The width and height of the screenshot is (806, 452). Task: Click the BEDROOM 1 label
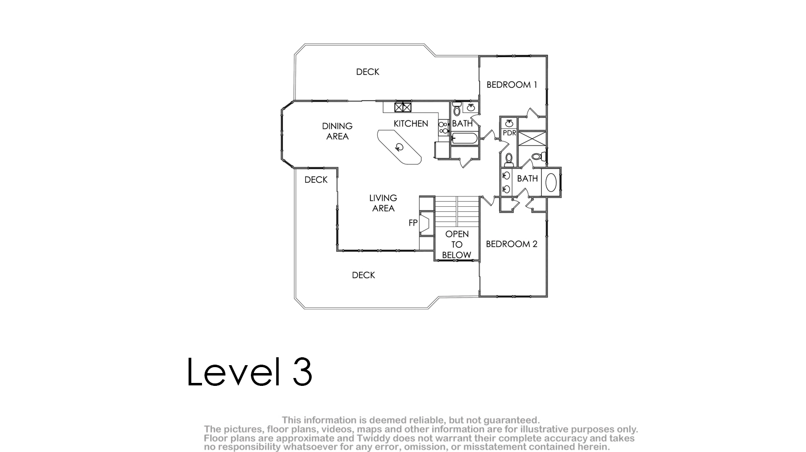512,85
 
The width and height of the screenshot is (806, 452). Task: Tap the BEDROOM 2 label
511,244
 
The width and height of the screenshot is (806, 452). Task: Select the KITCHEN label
410,124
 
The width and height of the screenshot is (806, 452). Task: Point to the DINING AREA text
337,131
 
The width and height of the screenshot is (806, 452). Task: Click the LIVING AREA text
383,203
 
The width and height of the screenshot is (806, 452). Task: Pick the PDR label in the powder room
509,133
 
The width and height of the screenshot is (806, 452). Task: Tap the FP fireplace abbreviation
413,223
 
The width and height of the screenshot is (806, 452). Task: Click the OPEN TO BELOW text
457,245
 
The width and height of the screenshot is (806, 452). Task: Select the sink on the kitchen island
400,147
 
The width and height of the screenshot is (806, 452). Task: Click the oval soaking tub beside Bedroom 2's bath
551,182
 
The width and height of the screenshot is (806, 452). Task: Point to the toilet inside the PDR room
509,160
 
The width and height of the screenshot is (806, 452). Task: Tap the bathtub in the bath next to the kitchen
465,138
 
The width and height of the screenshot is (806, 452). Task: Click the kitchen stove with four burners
443,128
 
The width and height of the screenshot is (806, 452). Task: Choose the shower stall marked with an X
532,139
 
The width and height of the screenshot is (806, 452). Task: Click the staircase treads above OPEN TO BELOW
457,212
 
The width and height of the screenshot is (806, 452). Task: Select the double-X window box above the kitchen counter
403,107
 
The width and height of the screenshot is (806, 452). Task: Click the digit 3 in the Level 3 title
302,372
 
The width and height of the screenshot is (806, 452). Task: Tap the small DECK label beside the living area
316,180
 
